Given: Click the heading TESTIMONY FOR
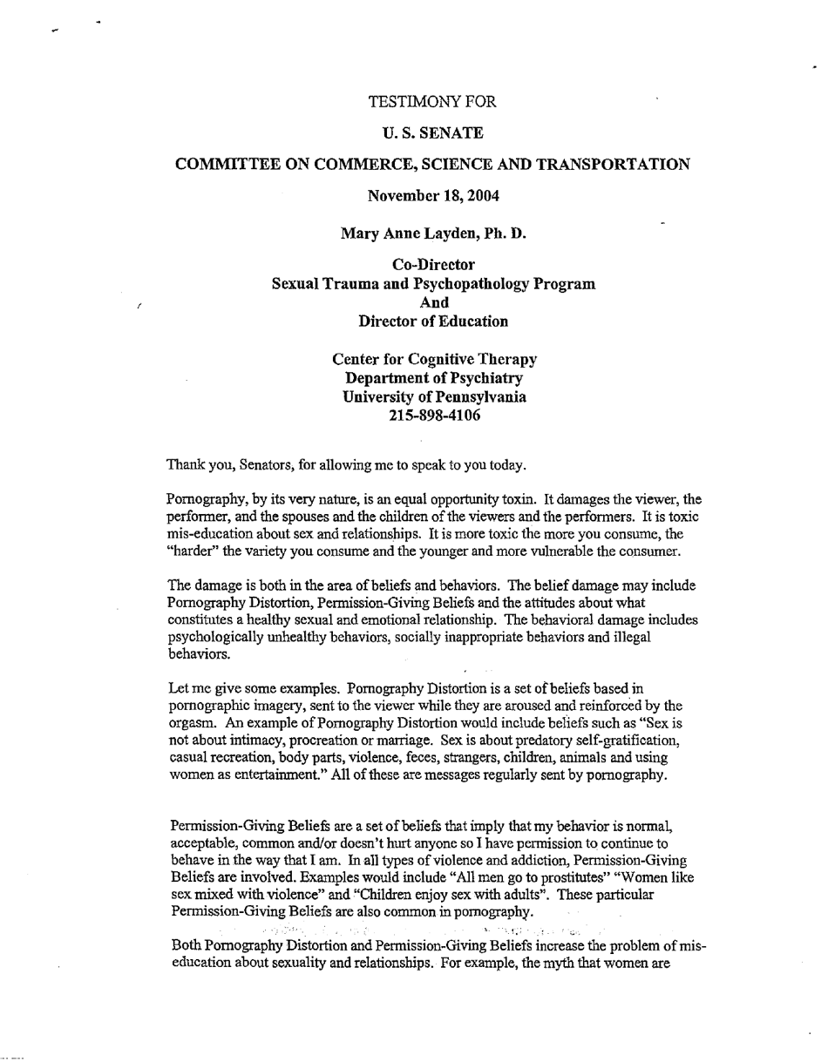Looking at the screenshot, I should click(x=433, y=102).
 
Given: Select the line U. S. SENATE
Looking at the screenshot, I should click(x=433, y=132).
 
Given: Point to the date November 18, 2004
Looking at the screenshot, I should click(x=433, y=195).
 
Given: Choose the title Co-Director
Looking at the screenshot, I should click(x=433, y=265).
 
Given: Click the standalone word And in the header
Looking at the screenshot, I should click(x=433, y=302).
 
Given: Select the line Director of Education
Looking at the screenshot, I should click(x=433, y=321).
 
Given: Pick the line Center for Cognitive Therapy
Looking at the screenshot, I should click(x=434, y=359).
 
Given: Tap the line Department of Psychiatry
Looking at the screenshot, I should click(x=434, y=378).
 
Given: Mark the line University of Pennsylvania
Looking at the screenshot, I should click(x=434, y=397).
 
